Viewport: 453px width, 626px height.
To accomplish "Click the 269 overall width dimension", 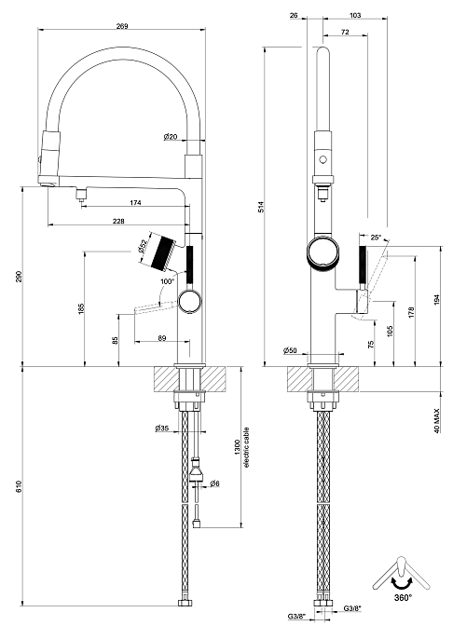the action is tap(122, 26).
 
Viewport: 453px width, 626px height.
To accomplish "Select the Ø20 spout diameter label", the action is tap(171, 137).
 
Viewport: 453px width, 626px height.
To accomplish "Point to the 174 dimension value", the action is tap(135, 203).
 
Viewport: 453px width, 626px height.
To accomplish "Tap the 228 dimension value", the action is tap(118, 221).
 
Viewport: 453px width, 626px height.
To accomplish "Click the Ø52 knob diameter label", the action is tap(143, 246).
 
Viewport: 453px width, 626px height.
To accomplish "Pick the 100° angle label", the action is tap(168, 281).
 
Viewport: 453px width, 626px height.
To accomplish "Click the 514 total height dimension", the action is tap(261, 206).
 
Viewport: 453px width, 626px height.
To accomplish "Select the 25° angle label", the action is tap(375, 238).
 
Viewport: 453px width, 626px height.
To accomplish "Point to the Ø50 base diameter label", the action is tap(290, 350).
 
